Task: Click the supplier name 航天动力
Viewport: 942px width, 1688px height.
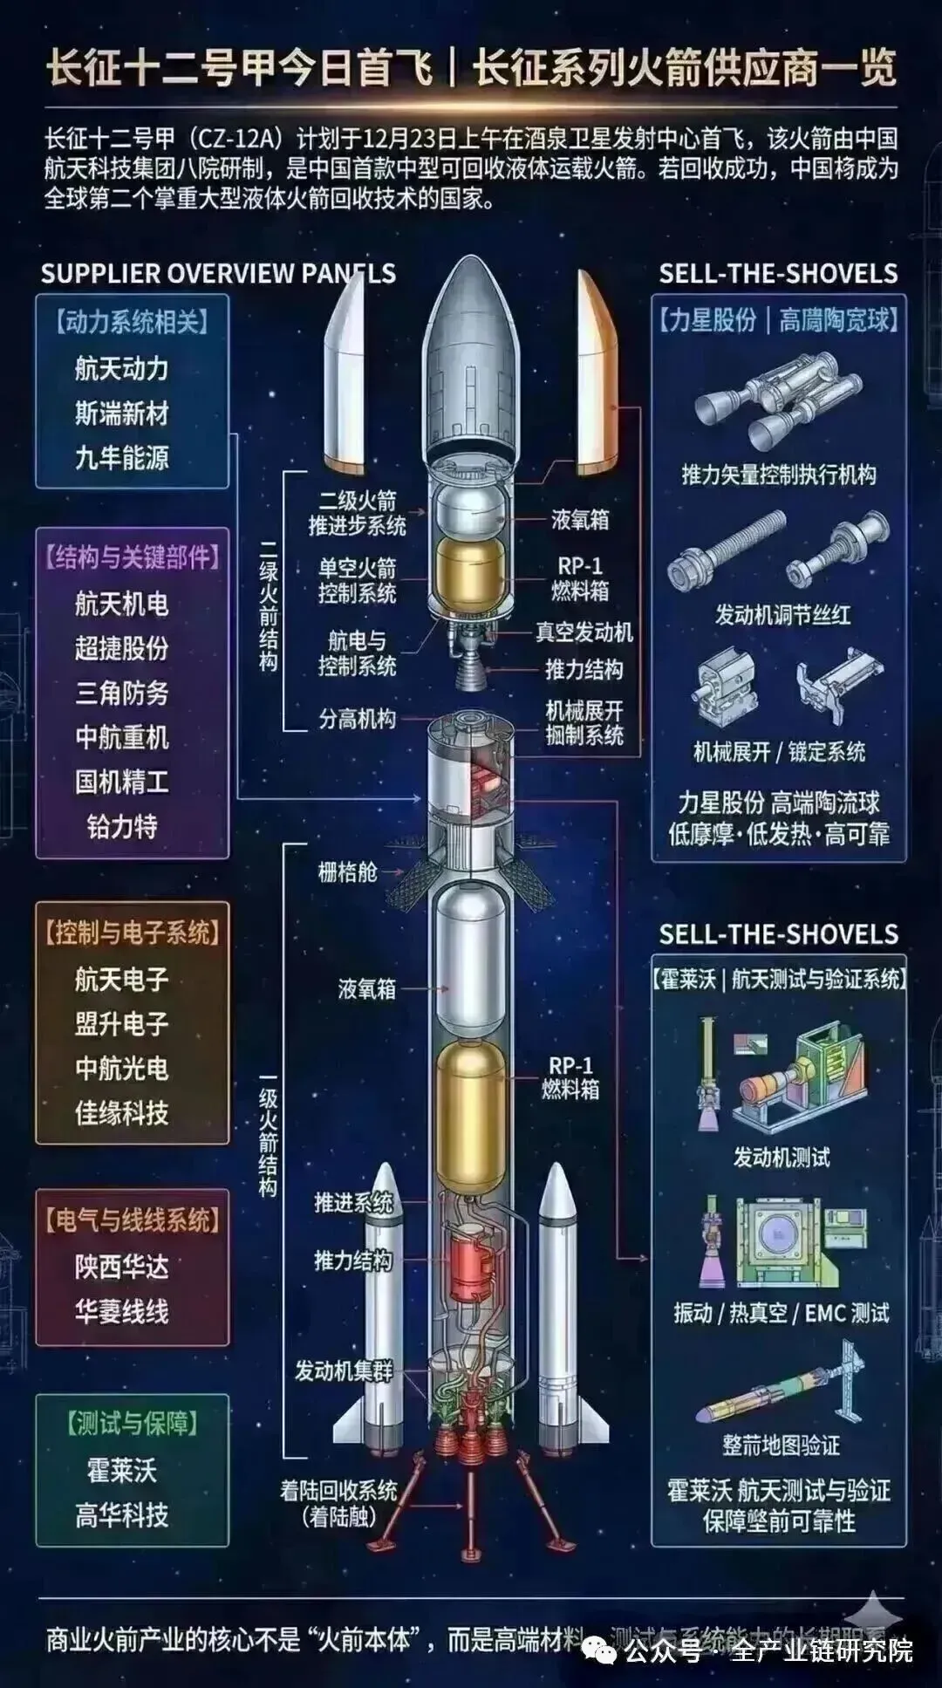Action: tap(121, 369)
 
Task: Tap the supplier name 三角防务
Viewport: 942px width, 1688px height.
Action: tap(121, 694)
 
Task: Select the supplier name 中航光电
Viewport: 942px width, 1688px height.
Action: tap(121, 1069)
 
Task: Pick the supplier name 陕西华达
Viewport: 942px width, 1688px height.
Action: tap(121, 1267)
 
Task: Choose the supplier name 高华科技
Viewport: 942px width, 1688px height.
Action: tap(121, 1515)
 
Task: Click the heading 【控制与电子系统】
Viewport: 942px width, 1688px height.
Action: tap(133, 933)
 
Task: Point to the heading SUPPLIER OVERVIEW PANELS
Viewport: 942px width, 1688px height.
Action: tap(218, 274)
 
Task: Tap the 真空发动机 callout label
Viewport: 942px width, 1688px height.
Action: tap(584, 632)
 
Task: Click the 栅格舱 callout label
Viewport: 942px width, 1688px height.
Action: tap(347, 871)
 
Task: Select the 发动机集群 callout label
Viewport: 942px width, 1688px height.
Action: tap(344, 1370)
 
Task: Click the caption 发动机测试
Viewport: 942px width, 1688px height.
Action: tap(782, 1158)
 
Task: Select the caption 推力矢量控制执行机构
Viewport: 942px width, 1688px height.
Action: tap(779, 475)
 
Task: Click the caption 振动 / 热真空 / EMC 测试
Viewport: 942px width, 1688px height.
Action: tap(782, 1313)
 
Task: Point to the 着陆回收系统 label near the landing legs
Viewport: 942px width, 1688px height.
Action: tap(338, 1490)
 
